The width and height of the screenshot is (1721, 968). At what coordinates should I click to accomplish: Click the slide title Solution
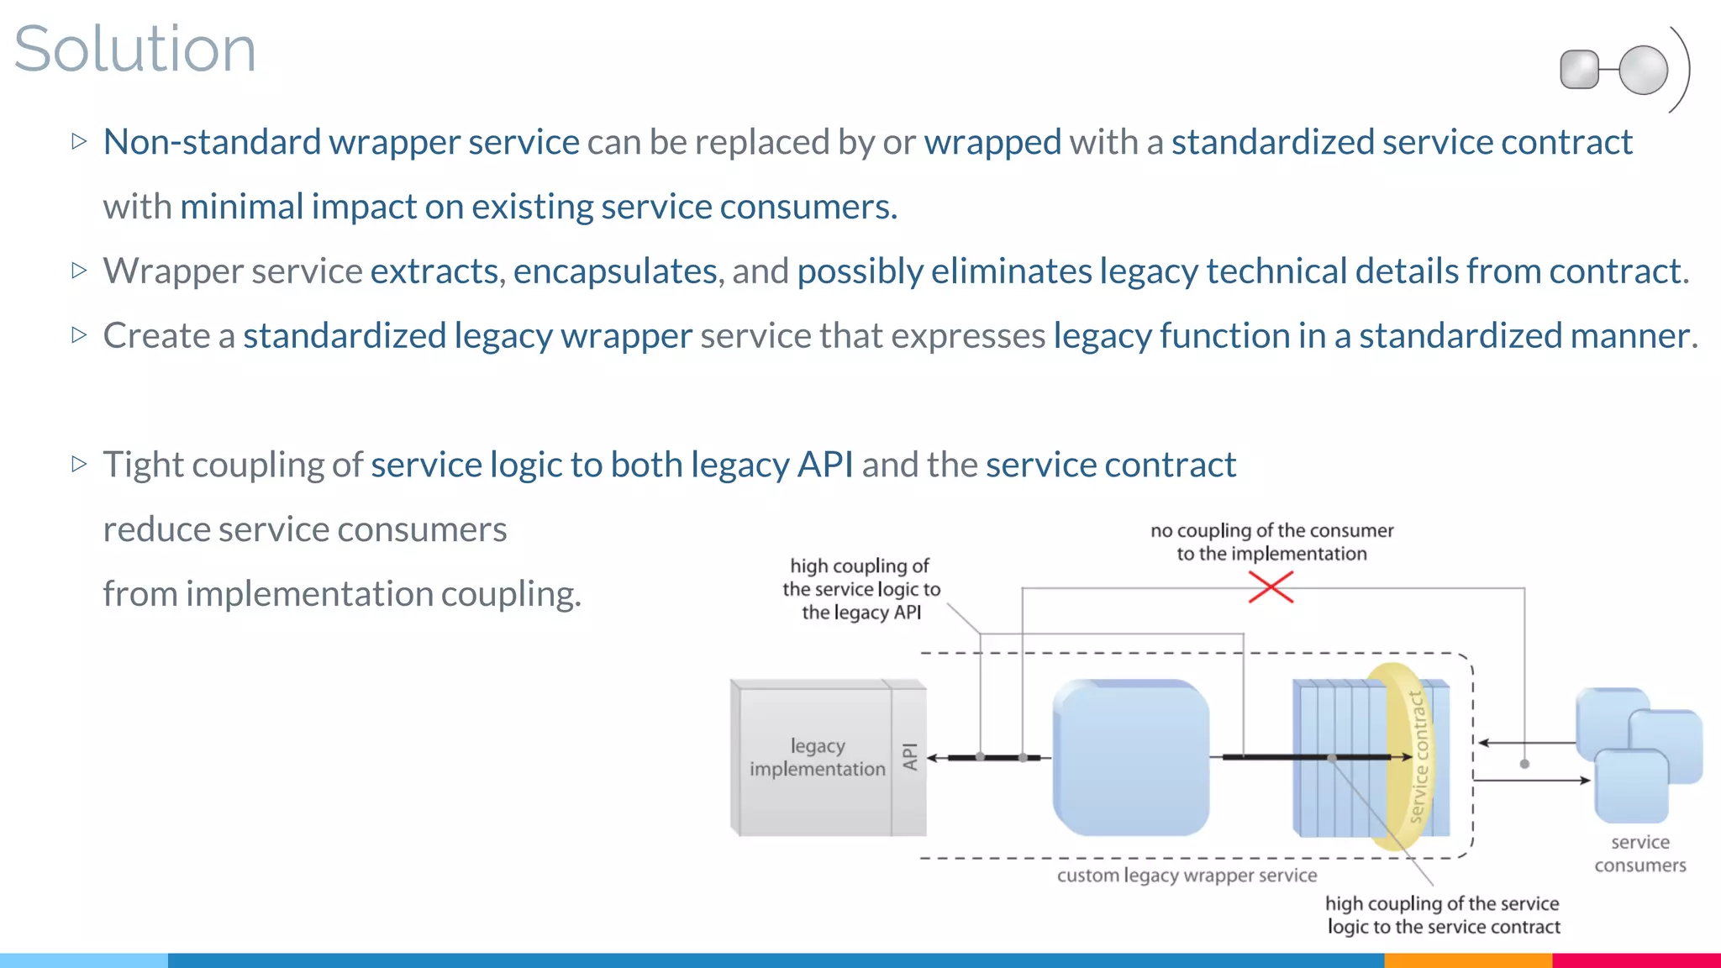134,49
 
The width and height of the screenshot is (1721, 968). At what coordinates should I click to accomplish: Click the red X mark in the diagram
1271,587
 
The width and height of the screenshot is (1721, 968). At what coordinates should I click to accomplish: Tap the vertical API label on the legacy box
909,756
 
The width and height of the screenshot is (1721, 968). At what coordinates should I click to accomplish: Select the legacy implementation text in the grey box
817,757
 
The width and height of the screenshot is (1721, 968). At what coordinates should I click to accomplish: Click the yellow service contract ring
1416,756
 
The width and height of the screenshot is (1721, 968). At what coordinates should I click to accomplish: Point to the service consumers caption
1639,854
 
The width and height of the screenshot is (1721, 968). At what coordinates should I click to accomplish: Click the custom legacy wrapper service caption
1187,876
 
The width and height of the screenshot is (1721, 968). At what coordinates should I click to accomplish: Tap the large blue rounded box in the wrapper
1131,757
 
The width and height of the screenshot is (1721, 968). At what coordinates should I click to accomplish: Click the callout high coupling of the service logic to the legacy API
861,589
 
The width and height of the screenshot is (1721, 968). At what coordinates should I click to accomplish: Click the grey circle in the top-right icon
1643,70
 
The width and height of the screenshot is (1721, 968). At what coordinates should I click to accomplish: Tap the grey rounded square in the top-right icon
1579,70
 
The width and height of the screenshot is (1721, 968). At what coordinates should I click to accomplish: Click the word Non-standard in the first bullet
212,142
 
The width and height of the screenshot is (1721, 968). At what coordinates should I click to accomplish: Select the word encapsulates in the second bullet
615,271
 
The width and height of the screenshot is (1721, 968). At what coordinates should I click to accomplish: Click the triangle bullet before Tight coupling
80,464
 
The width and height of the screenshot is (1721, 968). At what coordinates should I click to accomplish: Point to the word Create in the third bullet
156,336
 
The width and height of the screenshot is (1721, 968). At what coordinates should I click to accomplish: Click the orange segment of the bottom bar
1467,960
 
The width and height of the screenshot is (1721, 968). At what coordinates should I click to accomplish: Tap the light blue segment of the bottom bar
84,960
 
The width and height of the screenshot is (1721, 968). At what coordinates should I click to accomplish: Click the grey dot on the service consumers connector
1524,764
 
